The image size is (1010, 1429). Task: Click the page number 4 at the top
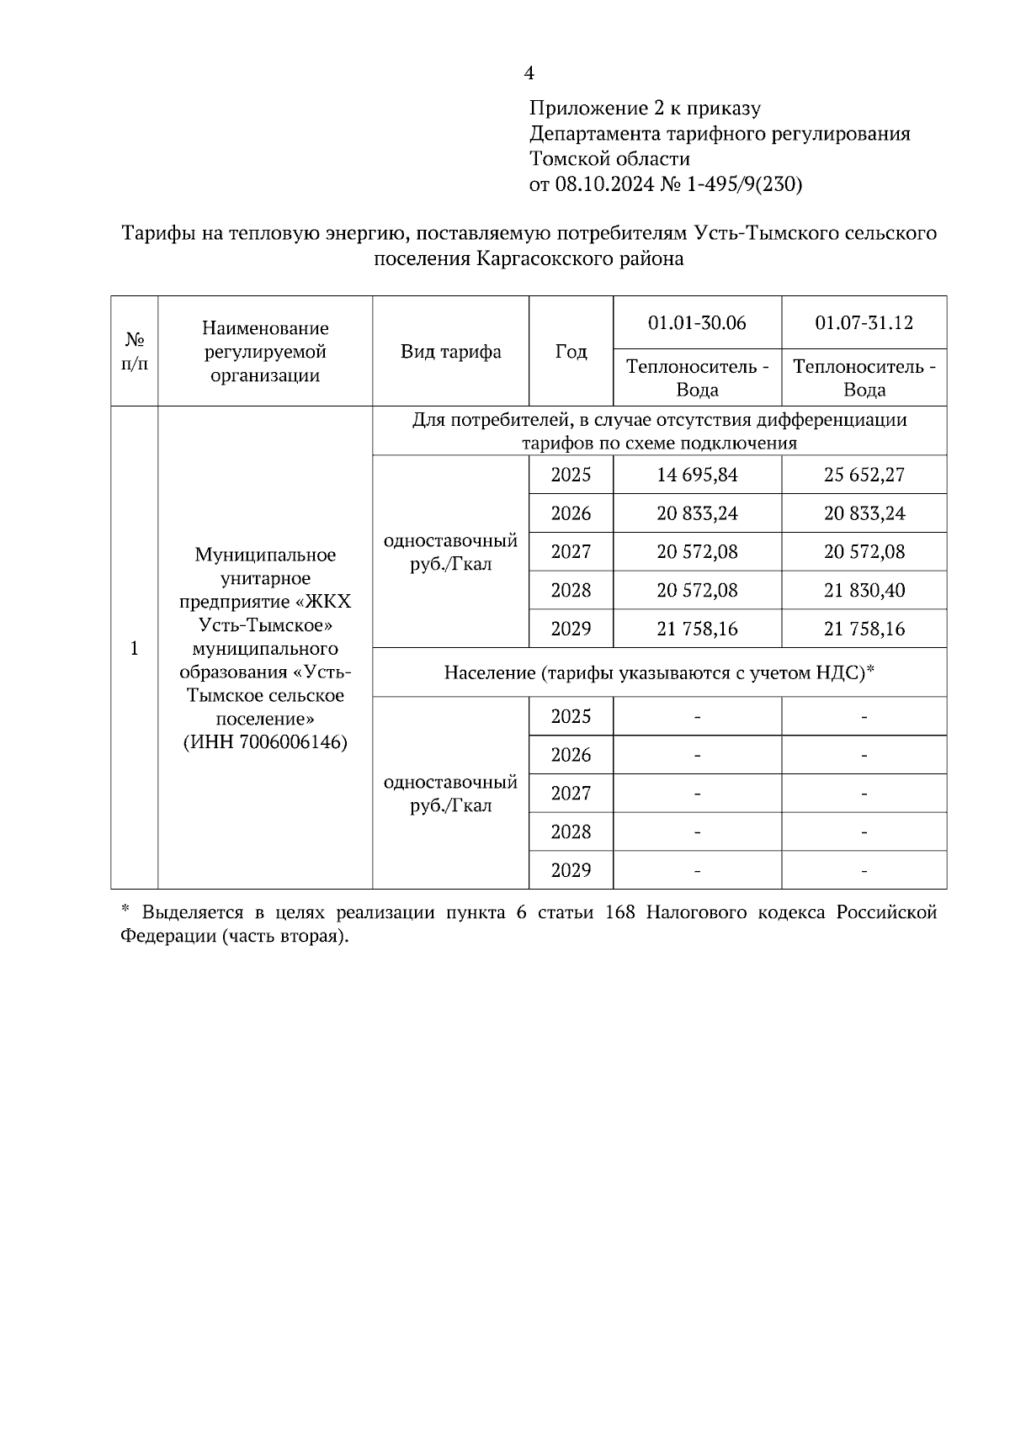pos(529,74)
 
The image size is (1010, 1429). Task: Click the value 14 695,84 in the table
pos(697,475)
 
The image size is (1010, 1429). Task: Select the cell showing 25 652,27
pos(864,475)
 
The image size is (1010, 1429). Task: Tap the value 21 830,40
pos(864,591)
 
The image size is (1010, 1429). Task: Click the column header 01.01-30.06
pos(697,323)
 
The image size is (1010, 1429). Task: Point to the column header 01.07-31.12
pos(864,323)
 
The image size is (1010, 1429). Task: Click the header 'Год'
pos(571,352)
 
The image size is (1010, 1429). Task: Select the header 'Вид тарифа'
pos(450,352)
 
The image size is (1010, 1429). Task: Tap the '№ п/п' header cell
pos(135,352)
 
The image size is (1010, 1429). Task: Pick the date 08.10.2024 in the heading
pos(604,184)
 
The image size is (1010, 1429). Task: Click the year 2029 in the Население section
pos(571,870)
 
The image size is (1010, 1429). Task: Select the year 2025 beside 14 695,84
pos(571,475)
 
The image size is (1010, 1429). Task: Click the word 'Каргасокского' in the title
pos(536,259)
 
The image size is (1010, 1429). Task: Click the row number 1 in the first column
pos(135,648)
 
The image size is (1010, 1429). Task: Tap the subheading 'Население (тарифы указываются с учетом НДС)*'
pos(660,672)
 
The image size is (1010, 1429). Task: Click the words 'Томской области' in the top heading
pos(609,159)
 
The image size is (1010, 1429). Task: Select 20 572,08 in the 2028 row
pos(697,591)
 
